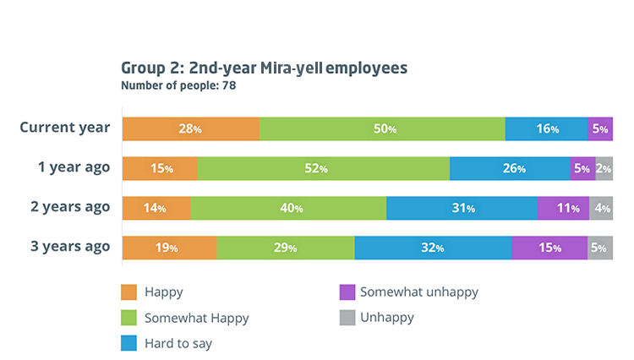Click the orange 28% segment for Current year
[190, 129]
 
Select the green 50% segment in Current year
[382, 129]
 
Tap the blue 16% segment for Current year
[546, 129]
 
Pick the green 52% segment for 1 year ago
[323, 168]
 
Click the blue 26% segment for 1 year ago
[510, 168]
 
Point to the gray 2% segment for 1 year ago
[604, 168]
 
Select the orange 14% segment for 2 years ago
[156, 208]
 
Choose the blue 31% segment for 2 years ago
[462, 208]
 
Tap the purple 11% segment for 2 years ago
[563, 208]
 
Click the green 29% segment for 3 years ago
[285, 248]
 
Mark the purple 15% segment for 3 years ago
[549, 248]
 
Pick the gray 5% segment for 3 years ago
[600, 248]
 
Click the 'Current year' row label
[65, 128]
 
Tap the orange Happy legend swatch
[129, 292]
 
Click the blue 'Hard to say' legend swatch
[129, 343]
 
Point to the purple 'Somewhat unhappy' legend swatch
[346, 292]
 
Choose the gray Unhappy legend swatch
[346, 318]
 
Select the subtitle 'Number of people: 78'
[178, 85]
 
